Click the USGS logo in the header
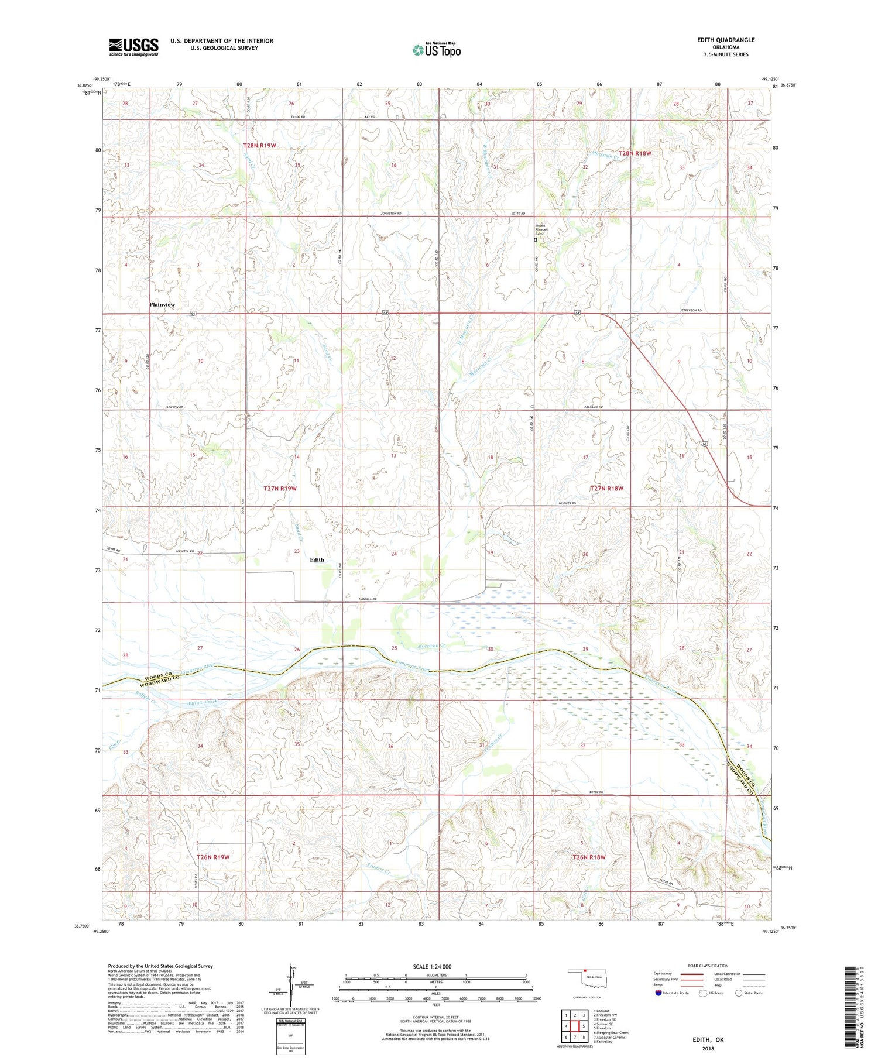coord(133,47)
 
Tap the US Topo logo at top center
coord(436,50)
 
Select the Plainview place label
coord(162,305)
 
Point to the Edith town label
coord(317,559)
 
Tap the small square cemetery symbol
coord(535,239)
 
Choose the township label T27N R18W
coord(606,488)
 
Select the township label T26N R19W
coord(212,857)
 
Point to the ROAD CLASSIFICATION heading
coord(708,966)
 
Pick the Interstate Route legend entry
coord(671,993)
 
